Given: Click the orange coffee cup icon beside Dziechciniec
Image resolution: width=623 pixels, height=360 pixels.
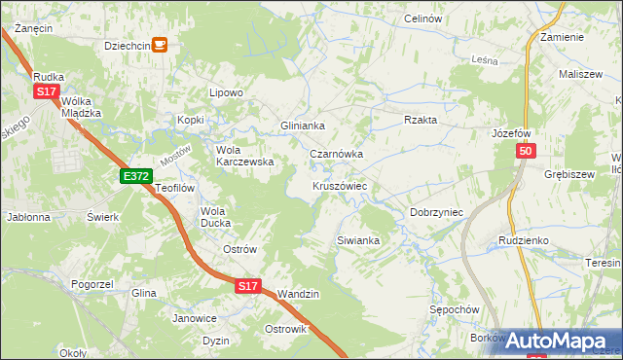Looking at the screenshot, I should [x=161, y=44].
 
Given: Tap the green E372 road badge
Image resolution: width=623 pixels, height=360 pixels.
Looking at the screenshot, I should [x=136, y=176].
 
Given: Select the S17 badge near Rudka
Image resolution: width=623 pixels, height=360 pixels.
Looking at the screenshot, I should [x=46, y=90].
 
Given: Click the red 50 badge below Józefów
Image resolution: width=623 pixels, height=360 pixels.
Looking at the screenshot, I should [x=526, y=152].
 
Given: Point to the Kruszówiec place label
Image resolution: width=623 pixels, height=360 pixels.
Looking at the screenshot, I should [x=339, y=185].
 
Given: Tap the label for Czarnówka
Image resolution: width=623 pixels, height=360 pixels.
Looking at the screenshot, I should [x=336, y=154].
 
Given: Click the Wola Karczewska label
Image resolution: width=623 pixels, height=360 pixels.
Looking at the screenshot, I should [x=244, y=156].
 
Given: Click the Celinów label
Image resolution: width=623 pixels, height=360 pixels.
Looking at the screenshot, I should [x=422, y=19].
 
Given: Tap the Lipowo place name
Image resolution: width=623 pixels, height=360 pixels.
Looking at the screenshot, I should [x=225, y=93].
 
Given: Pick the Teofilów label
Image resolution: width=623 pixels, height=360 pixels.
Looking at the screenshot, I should [x=176, y=188].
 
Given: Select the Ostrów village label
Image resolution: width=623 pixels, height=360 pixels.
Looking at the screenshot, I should [x=239, y=249].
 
